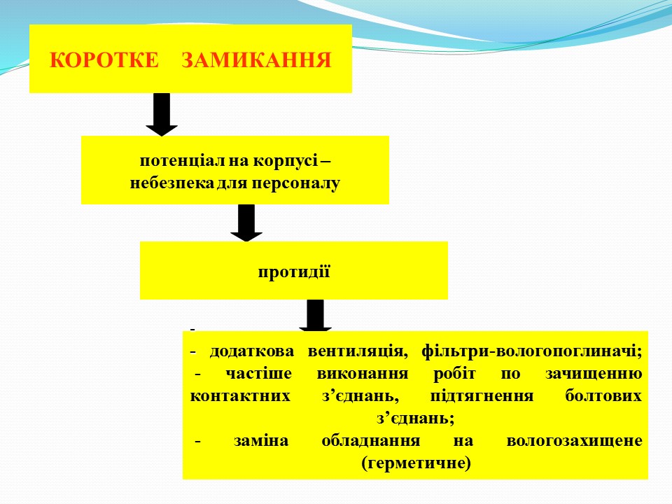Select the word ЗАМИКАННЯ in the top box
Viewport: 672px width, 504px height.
(256, 59)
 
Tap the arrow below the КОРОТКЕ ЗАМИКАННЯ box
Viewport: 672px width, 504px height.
(162, 114)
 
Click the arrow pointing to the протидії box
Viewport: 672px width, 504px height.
(246, 223)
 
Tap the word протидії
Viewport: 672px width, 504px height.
(294, 271)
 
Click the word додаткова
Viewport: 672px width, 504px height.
(248, 351)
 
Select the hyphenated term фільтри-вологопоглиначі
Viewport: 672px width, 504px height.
(532, 351)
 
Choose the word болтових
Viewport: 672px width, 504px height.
(602, 395)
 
